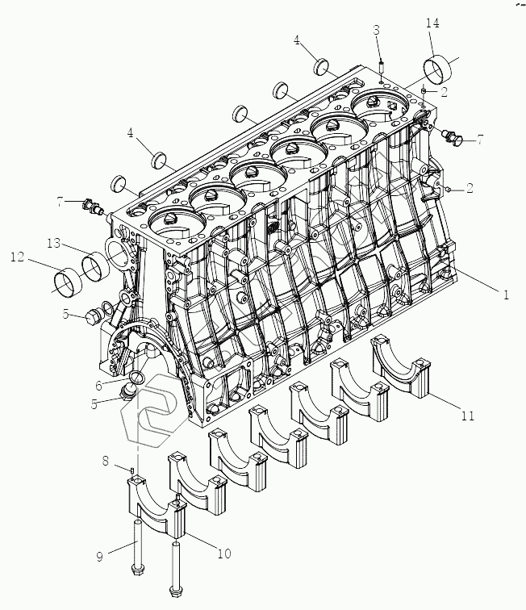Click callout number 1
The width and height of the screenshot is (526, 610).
click(506, 295)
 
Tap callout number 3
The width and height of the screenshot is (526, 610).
click(377, 31)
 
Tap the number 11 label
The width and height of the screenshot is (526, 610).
click(469, 416)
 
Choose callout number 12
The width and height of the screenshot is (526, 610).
click(17, 259)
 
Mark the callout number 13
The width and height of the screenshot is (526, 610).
click(54, 243)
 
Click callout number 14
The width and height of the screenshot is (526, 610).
click(432, 25)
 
